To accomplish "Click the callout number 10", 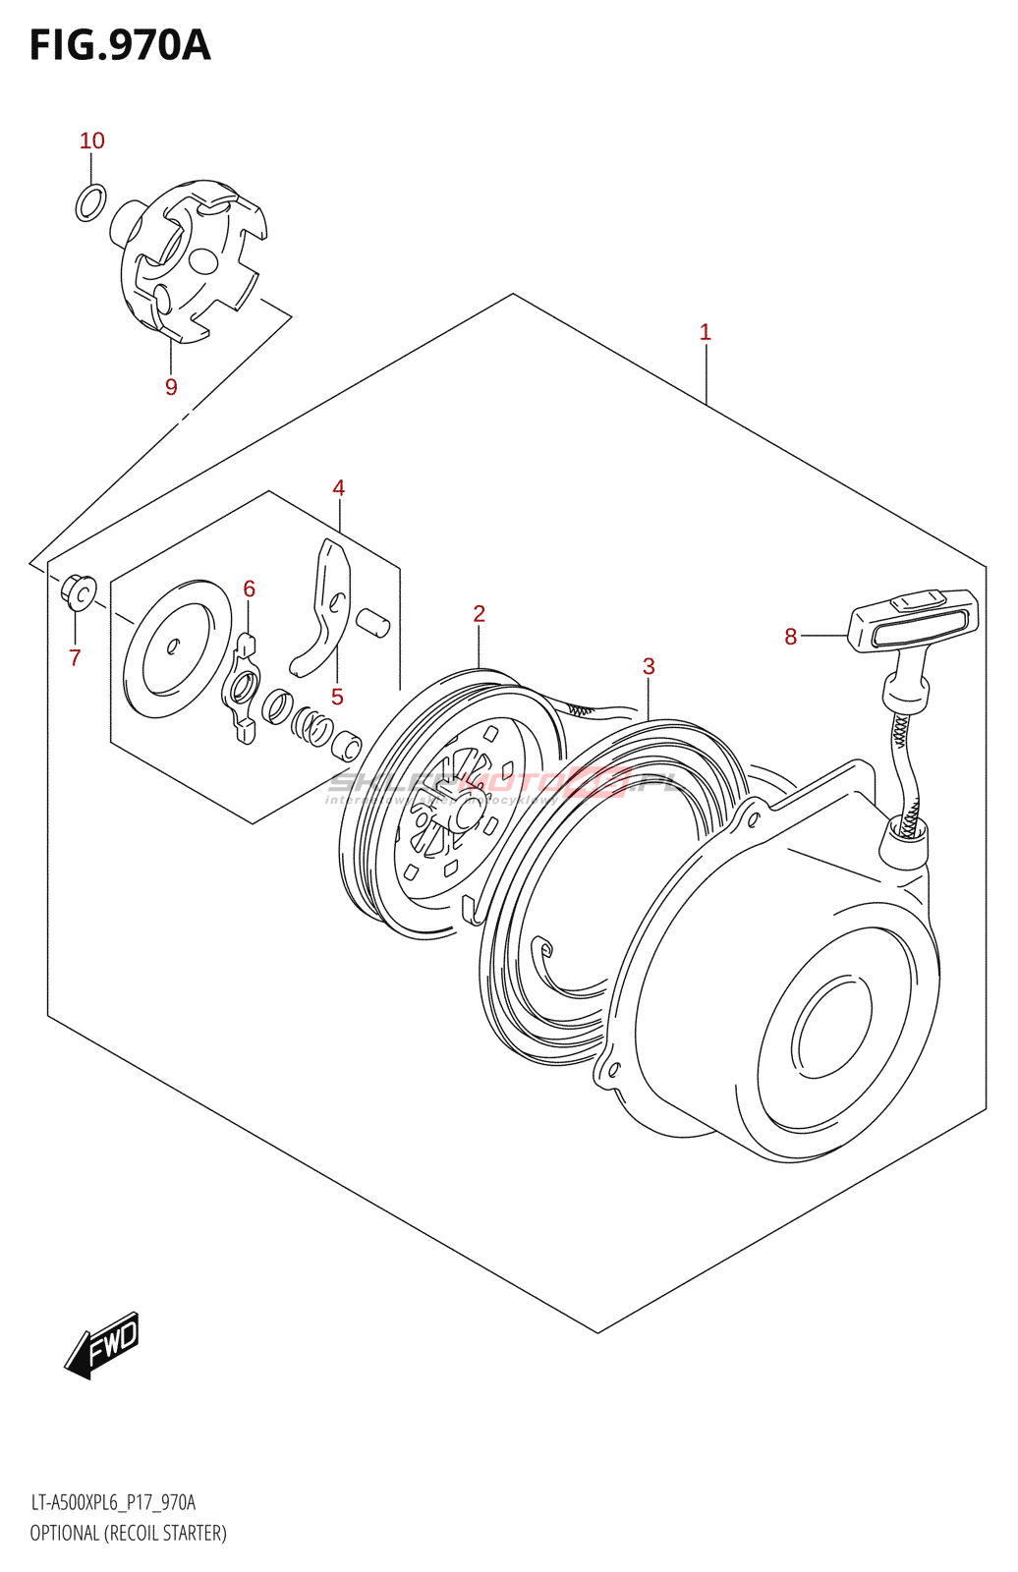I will point(91,140).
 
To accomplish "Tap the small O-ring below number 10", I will point(90,202).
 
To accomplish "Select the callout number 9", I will point(171,387).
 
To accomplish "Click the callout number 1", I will point(705,332).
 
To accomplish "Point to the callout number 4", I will point(338,487).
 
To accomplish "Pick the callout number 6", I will point(249,589).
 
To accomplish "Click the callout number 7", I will point(75,657).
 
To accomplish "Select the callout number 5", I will point(337,697).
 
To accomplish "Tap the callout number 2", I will point(479,613).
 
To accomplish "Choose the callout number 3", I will point(649,666).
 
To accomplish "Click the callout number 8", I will point(790,637).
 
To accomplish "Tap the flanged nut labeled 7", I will point(78,590).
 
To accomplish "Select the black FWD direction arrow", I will point(103,1343).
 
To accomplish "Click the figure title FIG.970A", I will point(120,45).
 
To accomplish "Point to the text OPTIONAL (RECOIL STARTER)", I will point(128,1533).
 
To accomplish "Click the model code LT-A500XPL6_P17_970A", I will point(113,1502).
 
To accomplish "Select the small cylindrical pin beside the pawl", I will point(372,623).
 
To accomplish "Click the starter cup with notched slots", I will point(192,258).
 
